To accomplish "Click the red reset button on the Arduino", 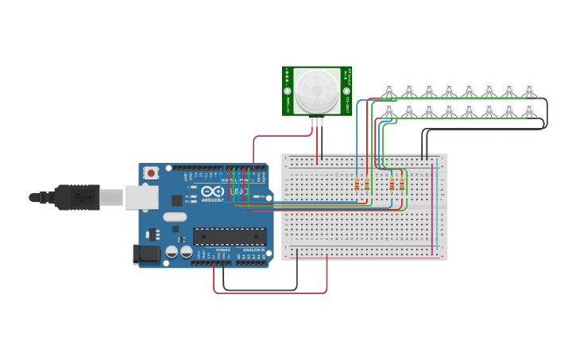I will point(151,172).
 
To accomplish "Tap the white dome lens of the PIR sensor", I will point(317,91).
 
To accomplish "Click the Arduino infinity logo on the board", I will point(212,192).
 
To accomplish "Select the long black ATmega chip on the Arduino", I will point(230,235).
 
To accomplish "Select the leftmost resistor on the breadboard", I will point(357,184).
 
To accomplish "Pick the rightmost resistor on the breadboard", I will point(401,184).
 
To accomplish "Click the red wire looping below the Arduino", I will point(270,292).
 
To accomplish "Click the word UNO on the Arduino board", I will point(238,192).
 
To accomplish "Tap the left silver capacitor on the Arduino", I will point(172,251).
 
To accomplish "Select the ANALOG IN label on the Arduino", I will point(253,250).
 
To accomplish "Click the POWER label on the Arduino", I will point(223,250).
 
